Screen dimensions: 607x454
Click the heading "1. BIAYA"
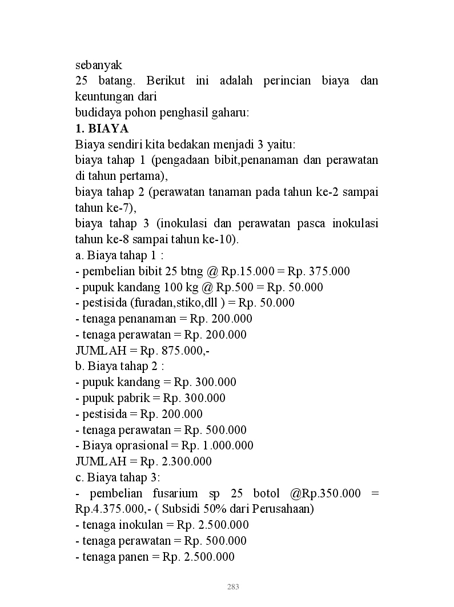click(x=102, y=128)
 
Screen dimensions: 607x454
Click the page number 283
click(x=233, y=586)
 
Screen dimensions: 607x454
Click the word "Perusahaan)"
click(x=284, y=509)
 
